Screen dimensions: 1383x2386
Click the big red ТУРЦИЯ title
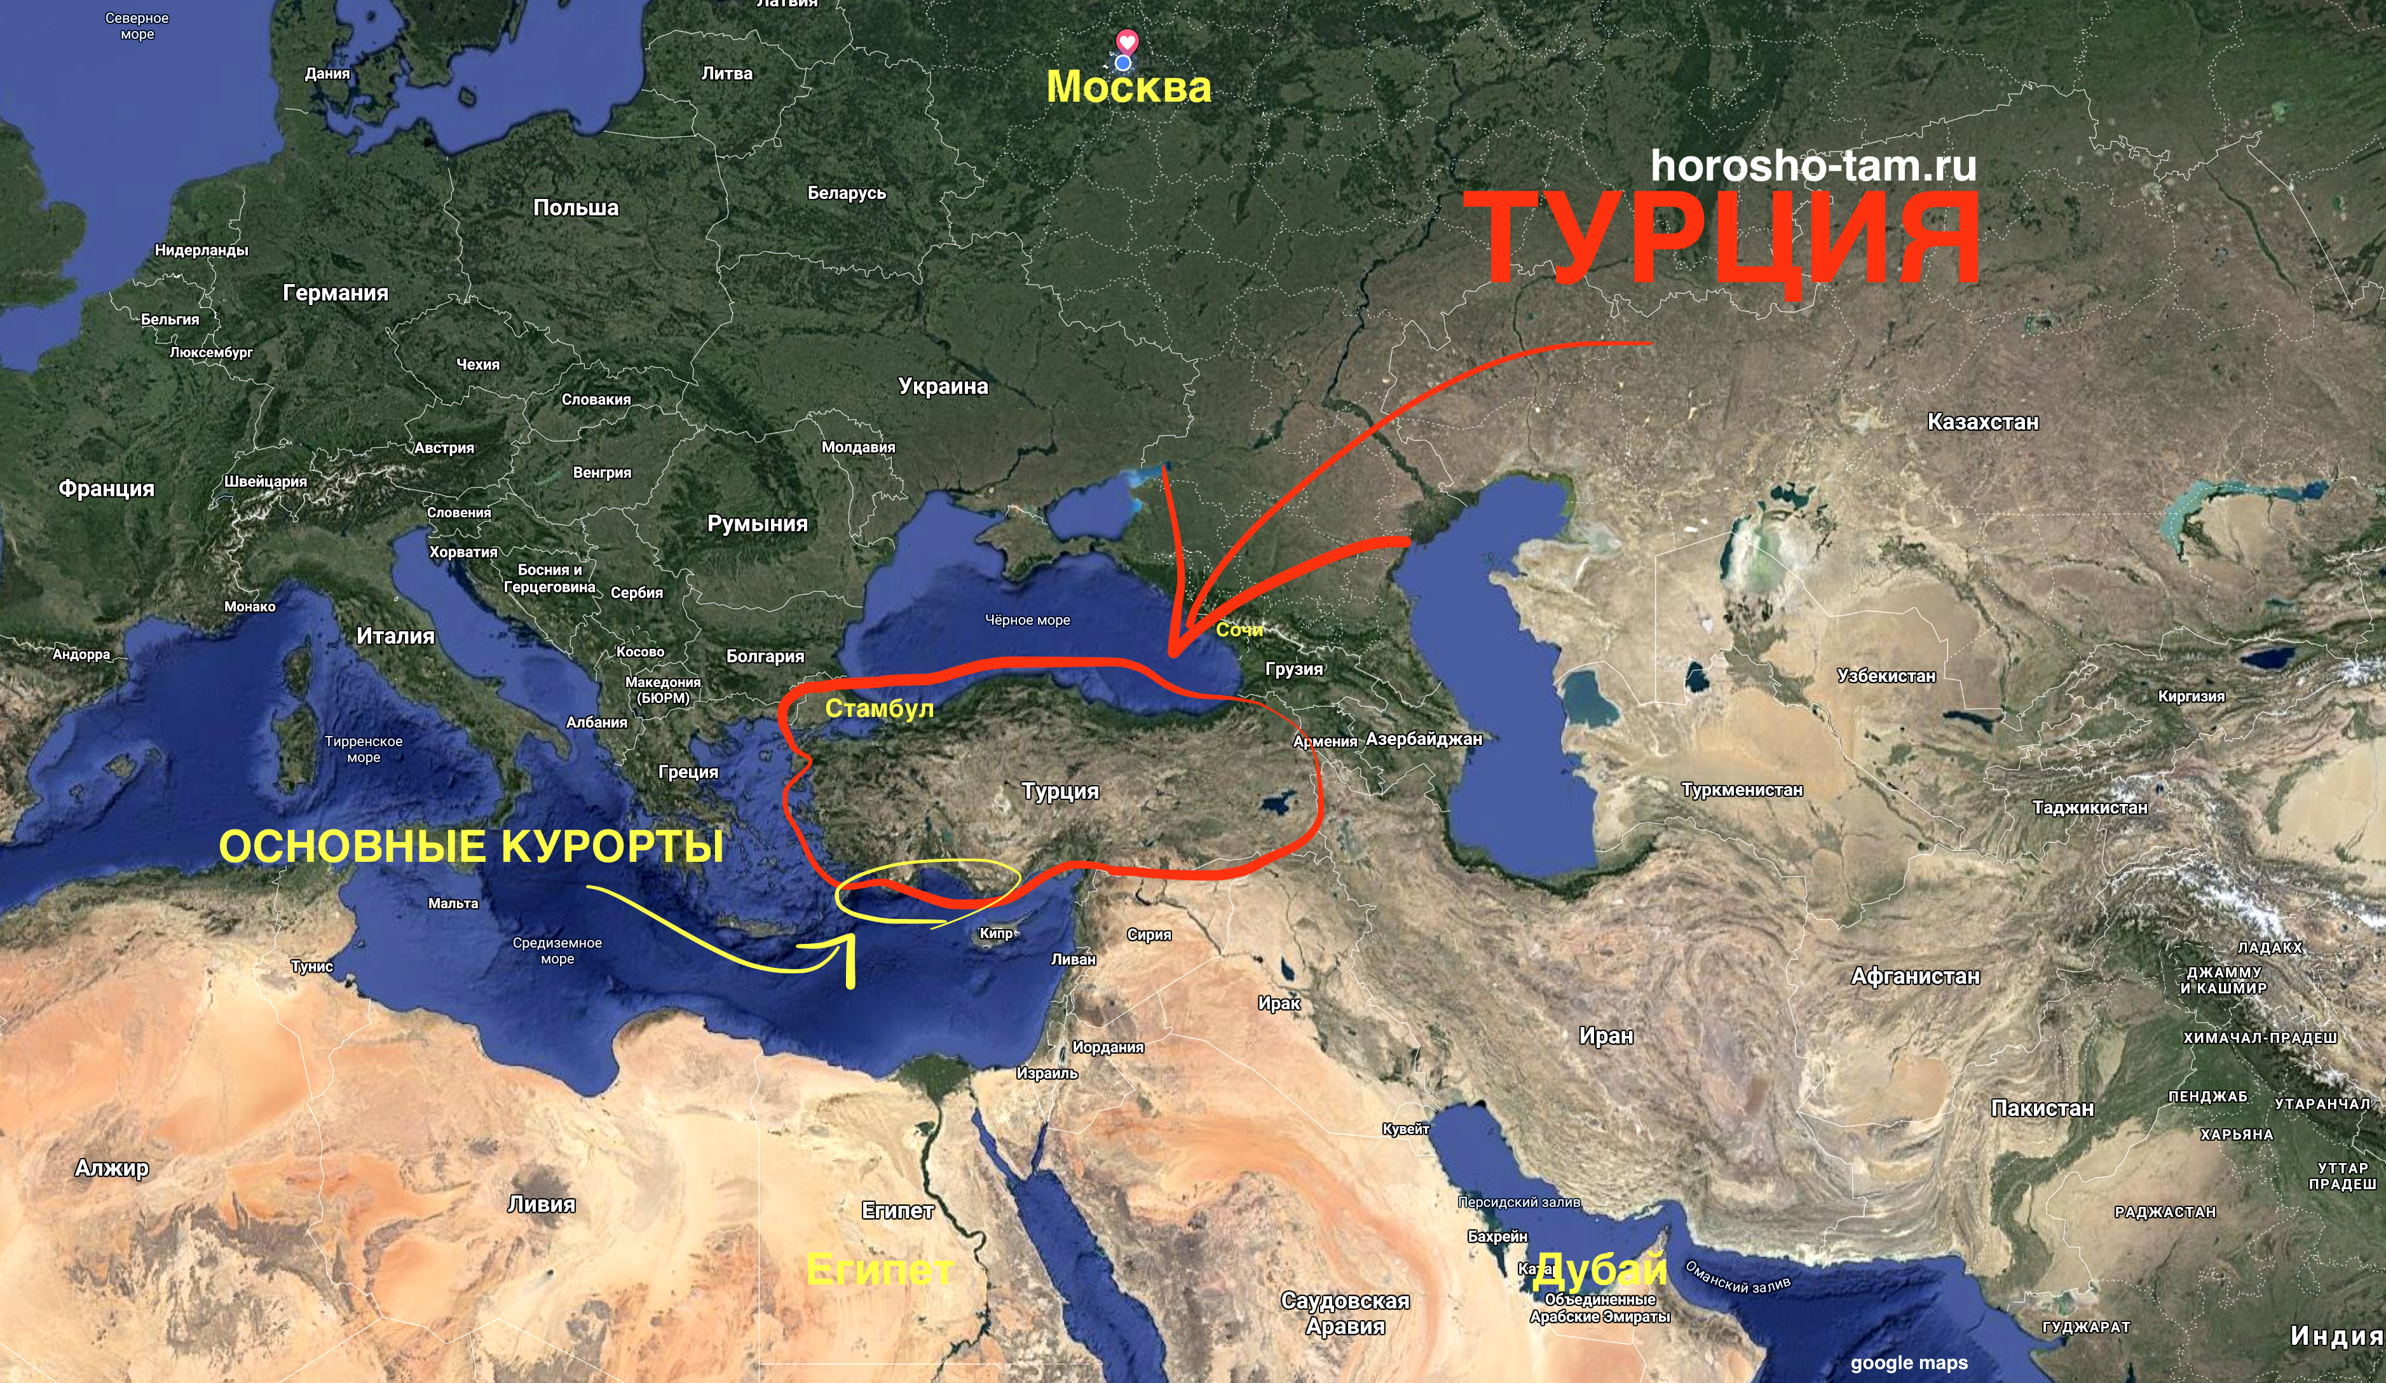point(1731,238)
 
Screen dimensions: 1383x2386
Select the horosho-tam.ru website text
point(1813,166)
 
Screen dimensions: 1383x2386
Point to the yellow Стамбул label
point(878,709)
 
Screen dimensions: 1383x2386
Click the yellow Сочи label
point(1239,629)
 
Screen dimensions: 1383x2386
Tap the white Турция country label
point(1060,791)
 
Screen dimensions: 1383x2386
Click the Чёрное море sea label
point(1027,620)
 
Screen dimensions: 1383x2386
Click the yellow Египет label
point(878,1269)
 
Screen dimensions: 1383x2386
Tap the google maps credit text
point(1909,1363)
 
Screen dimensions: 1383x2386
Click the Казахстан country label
point(1982,422)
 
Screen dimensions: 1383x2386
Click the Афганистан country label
point(1914,976)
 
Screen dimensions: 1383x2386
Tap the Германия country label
point(335,294)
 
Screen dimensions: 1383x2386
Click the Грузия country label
point(1293,669)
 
